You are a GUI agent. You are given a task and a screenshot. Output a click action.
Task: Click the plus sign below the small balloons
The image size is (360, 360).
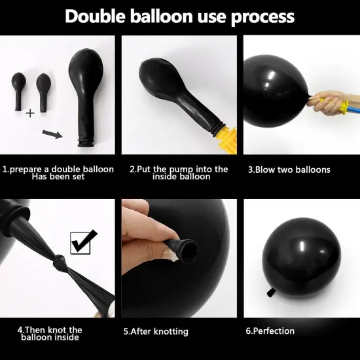(x=30, y=113)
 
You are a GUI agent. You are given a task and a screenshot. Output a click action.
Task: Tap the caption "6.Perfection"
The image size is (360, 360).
(x=270, y=331)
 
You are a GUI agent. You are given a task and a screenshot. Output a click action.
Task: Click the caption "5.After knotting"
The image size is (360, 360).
(x=156, y=332)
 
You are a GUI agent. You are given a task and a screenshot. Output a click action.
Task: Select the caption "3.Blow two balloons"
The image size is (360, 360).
(x=289, y=170)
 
